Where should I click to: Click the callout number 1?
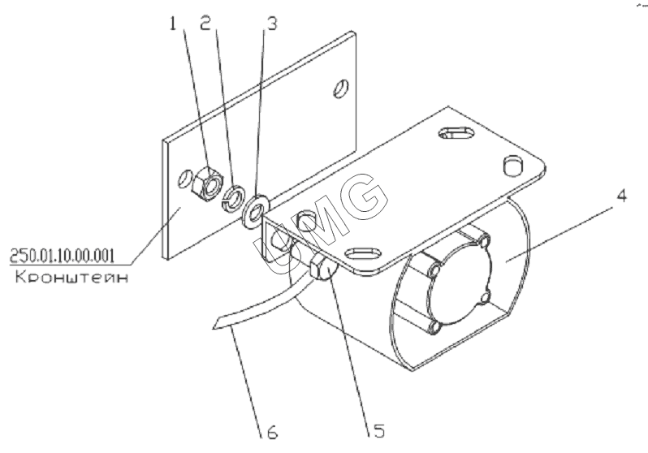[173, 24]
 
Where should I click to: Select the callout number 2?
[205, 24]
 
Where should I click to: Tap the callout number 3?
[272, 24]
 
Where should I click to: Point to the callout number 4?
[621, 195]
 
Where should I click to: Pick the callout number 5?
[379, 431]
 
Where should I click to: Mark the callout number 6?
[272, 432]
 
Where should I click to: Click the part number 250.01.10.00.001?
[62, 256]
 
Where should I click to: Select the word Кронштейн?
[71, 277]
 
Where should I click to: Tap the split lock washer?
[234, 198]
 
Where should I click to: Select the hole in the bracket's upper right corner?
[341, 88]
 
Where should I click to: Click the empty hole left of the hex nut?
[185, 179]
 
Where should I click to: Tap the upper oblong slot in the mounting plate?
[456, 133]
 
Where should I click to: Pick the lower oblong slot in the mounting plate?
[363, 252]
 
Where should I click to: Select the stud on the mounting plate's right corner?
[513, 166]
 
